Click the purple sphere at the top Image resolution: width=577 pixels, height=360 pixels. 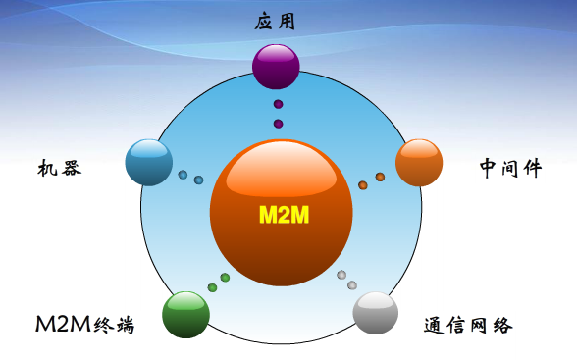[x=275, y=66]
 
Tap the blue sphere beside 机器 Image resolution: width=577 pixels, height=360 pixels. [x=149, y=162]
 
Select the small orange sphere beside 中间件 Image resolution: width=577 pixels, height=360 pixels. [x=419, y=162]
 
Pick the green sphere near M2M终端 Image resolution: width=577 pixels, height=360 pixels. [x=185, y=314]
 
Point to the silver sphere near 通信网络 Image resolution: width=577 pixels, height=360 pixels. [x=376, y=313]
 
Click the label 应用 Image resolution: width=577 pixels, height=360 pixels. [x=274, y=21]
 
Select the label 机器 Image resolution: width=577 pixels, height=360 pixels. [x=60, y=168]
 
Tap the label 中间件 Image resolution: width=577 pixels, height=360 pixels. [x=510, y=168]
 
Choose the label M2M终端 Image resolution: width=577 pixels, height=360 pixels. [x=84, y=325]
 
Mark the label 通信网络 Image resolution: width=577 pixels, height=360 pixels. [x=468, y=325]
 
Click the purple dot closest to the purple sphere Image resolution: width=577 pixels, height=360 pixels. [x=278, y=104]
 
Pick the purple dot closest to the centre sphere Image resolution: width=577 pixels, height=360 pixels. [x=278, y=124]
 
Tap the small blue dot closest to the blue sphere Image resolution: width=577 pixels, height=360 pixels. [x=183, y=175]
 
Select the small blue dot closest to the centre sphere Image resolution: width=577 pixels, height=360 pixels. [x=198, y=180]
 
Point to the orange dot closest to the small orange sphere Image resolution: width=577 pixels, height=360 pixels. [x=380, y=178]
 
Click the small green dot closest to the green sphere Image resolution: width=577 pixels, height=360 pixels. [x=212, y=287]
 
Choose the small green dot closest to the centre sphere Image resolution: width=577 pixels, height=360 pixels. [x=225, y=278]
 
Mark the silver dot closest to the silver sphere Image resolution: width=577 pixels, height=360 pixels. [x=353, y=285]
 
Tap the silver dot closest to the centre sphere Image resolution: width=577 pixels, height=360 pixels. [x=341, y=275]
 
